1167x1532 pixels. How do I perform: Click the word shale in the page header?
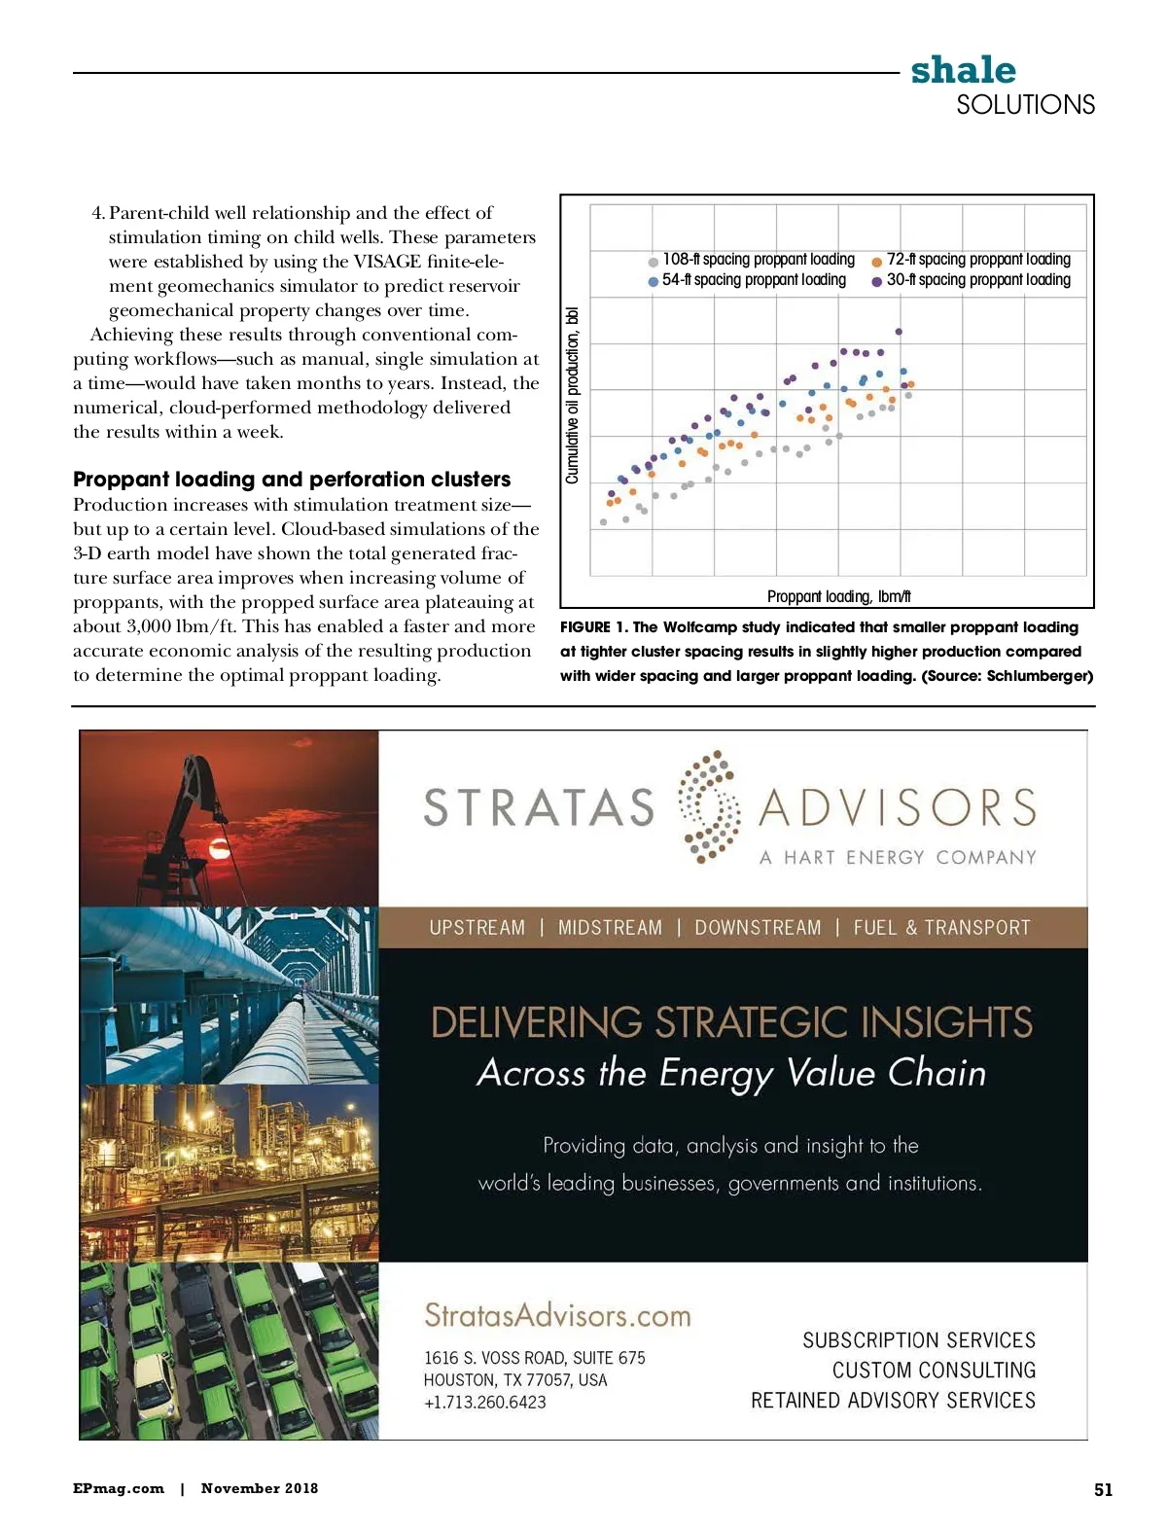[x=963, y=70]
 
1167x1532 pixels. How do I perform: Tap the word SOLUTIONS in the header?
[x=1025, y=105]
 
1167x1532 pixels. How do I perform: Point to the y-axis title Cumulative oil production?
[x=572, y=395]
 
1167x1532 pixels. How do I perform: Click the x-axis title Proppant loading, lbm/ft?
[x=838, y=596]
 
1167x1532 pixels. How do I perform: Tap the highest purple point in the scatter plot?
[x=899, y=332]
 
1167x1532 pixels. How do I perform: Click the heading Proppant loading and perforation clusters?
[x=292, y=480]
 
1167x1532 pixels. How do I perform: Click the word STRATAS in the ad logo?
[x=539, y=808]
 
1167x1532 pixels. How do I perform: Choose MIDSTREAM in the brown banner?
[x=610, y=928]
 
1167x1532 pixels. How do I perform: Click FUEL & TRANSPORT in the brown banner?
[x=941, y=928]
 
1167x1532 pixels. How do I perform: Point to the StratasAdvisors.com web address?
[x=557, y=1316]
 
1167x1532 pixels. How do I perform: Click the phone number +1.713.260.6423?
[x=484, y=1403]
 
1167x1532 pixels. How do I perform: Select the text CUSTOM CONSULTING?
[x=934, y=1371]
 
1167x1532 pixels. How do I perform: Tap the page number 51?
[x=1103, y=1489]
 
